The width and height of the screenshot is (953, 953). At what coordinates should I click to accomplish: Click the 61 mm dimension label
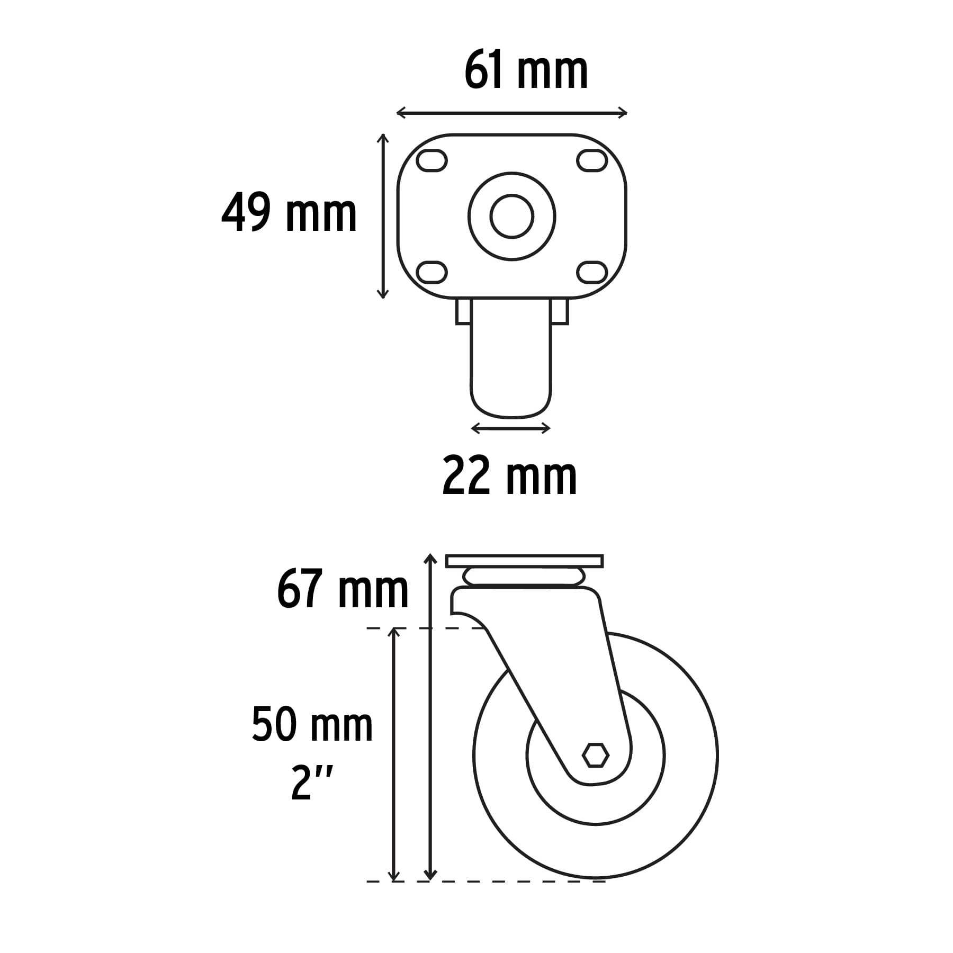(526, 71)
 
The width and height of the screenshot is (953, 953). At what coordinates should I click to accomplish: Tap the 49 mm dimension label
(289, 213)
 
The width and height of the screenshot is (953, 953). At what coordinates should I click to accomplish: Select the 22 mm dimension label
(509, 478)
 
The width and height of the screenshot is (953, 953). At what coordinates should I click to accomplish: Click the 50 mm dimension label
(312, 725)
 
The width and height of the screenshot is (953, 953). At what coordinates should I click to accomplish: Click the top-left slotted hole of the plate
(431, 160)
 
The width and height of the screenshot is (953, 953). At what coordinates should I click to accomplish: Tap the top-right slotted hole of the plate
(591, 160)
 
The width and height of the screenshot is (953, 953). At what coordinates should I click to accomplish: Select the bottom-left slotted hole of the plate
(431, 272)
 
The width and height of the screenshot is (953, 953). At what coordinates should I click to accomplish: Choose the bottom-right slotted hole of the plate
(591, 272)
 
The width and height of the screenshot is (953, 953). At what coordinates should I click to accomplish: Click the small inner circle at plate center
(511, 216)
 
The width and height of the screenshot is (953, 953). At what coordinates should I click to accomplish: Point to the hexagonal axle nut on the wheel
(595, 755)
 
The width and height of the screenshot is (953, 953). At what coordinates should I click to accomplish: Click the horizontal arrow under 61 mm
(511, 113)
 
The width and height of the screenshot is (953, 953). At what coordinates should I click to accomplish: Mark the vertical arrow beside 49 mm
(383, 216)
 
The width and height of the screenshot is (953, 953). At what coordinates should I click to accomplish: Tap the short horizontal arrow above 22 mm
(510, 428)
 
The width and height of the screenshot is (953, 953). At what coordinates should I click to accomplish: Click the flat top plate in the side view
(524, 561)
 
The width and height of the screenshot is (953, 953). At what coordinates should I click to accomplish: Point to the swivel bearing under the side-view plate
(524, 577)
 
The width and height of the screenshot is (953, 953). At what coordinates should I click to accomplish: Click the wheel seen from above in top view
(511, 371)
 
